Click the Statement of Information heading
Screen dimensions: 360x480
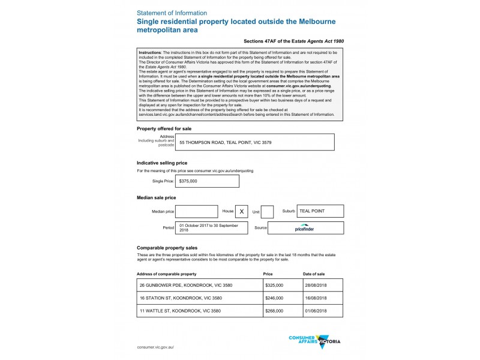pyautogui.click(x=172, y=13)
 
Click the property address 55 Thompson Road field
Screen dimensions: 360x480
pyautogui.click(x=254, y=142)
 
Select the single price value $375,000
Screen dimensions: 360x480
pyautogui.click(x=206, y=181)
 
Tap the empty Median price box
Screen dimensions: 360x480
pyautogui.click(x=197, y=211)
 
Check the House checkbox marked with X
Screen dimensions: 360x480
pyautogui.click(x=242, y=211)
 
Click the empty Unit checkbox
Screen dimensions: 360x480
pyautogui.click(x=268, y=211)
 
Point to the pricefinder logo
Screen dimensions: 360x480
pyautogui.click(x=305, y=228)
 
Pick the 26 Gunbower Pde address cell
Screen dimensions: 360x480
pyautogui.click(x=199, y=285)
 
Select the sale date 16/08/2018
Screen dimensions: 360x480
pyautogui.click(x=323, y=298)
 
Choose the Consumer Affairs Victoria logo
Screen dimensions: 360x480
pyautogui.click(x=314, y=340)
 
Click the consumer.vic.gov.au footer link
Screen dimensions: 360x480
pyautogui.click(x=155, y=347)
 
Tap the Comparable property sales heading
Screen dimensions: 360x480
pyautogui.click(x=167, y=248)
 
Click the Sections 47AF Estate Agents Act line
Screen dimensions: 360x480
pyautogui.click(x=294, y=41)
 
